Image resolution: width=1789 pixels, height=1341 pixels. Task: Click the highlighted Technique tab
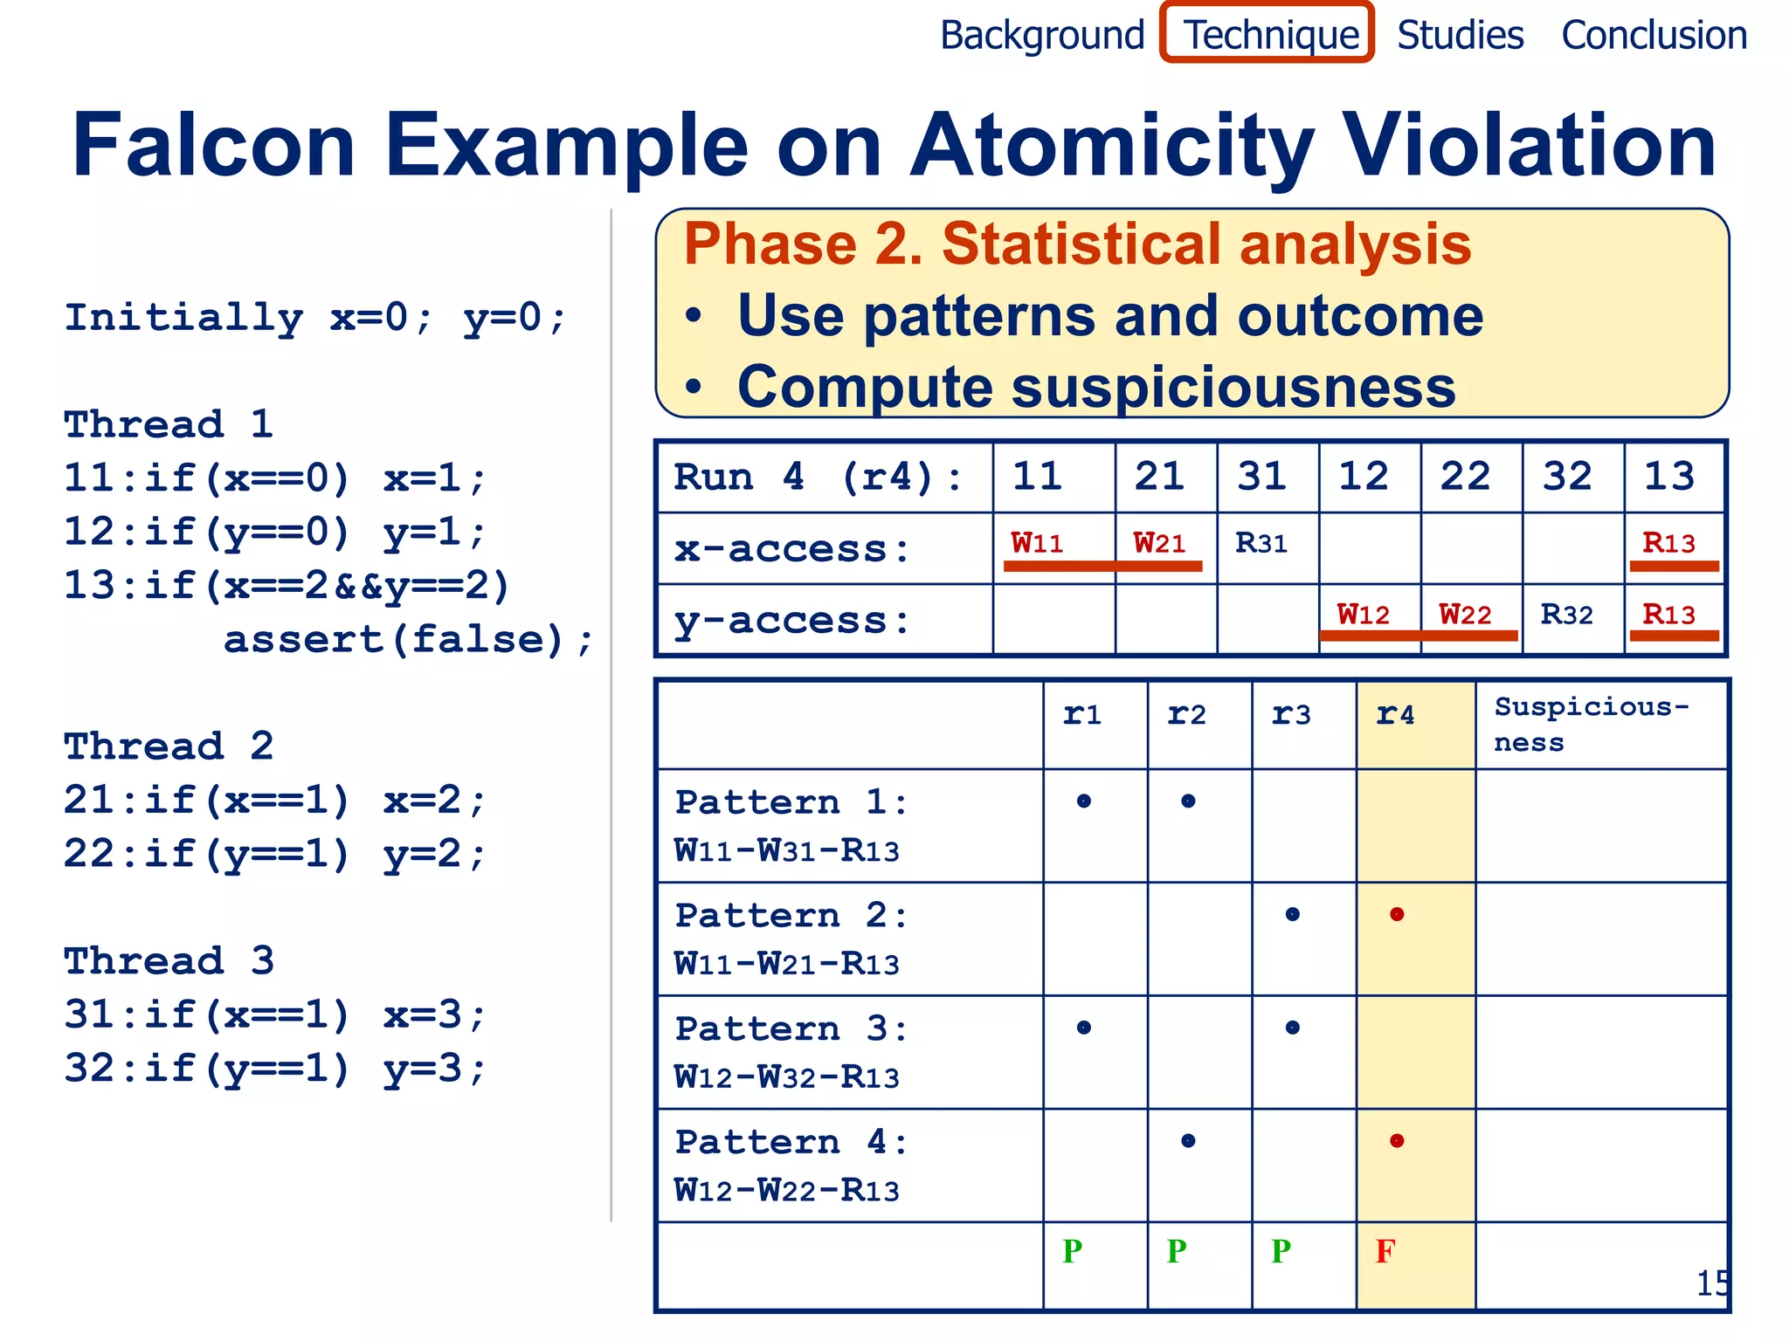pos(1268,35)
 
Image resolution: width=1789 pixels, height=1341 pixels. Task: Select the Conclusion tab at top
pos(1654,35)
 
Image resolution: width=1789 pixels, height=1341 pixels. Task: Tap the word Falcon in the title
pos(214,146)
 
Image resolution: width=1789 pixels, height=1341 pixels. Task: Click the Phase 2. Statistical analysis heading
pos(1076,244)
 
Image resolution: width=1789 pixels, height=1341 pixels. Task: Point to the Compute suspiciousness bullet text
pos(1096,387)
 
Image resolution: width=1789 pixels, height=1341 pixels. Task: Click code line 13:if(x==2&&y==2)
pos(287,585)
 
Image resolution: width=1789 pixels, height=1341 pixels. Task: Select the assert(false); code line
pos(408,639)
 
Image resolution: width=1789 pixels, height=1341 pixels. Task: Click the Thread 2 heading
pos(169,746)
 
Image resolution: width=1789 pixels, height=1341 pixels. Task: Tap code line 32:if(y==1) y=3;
pos(274,1068)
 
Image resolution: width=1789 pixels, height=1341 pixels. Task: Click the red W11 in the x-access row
pos(1037,543)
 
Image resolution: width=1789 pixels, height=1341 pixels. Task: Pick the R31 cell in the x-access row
pos(1261,543)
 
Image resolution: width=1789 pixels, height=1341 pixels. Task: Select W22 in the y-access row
pos(1465,615)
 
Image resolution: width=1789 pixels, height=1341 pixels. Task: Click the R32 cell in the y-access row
pos(1566,615)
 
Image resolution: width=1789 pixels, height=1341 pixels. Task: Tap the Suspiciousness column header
pos(1591,724)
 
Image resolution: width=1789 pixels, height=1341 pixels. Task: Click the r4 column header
pos(1395,715)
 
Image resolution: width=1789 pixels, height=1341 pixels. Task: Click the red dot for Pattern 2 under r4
pos(1397,914)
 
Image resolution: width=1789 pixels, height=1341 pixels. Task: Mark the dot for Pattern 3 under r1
pos(1084,1028)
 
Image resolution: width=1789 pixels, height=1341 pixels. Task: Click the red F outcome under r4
pos(1385,1251)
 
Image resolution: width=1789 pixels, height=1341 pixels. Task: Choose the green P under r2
pos(1177,1251)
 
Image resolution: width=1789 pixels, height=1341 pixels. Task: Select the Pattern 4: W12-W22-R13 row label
pos(791,1166)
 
